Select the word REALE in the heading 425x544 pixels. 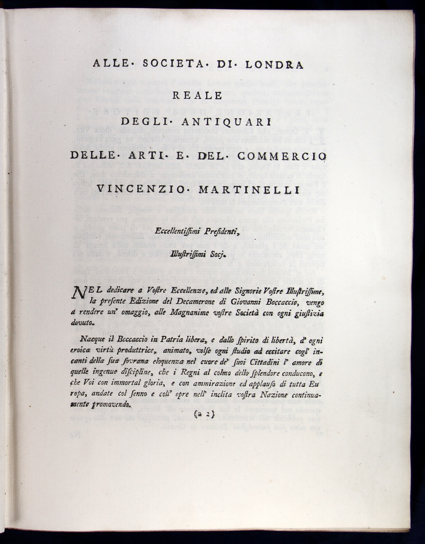tap(197, 95)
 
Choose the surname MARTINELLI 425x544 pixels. tap(249, 190)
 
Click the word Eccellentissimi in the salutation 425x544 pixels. tap(179, 230)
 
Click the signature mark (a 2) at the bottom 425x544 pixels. tap(204, 415)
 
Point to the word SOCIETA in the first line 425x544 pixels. tap(173, 65)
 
